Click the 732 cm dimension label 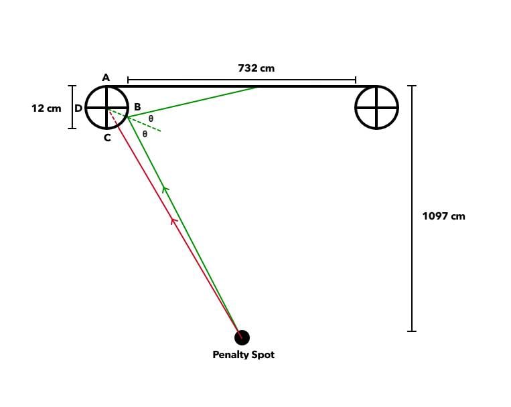tap(256, 68)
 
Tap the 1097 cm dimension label tap(443, 216)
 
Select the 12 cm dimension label tap(46, 108)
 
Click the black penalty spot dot tap(242, 337)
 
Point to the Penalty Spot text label tap(243, 355)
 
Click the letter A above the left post tap(106, 78)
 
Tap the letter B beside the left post tap(137, 107)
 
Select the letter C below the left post tap(107, 138)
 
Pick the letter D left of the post tap(78, 108)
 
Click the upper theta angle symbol tap(151, 118)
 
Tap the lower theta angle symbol tap(145, 134)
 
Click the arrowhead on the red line tap(173, 220)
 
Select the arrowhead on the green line tap(165, 189)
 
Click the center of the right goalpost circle tap(377, 107)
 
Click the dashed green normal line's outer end tap(161, 131)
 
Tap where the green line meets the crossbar tap(257, 87)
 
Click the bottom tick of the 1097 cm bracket tap(412, 331)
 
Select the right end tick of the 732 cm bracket tap(356, 80)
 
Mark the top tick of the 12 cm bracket tap(72, 86)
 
